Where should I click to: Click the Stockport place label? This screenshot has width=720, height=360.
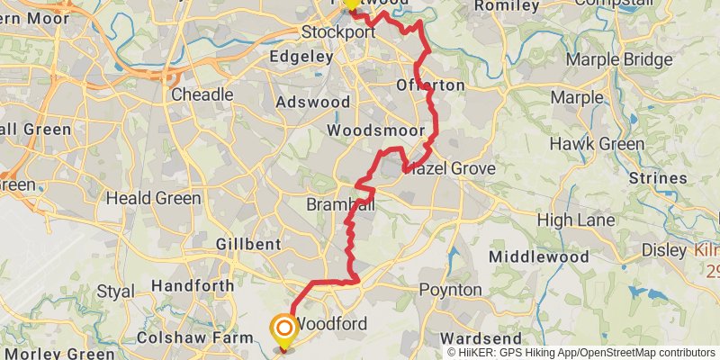pyautogui.click(x=337, y=31)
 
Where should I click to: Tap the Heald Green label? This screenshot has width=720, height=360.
pyautogui.click(x=154, y=198)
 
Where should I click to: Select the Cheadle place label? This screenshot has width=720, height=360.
pyautogui.click(x=202, y=94)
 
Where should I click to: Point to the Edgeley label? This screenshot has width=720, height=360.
pyautogui.click(x=301, y=56)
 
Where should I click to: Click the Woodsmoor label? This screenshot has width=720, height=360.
pyautogui.click(x=375, y=131)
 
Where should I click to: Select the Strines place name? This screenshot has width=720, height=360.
pyautogui.click(x=659, y=178)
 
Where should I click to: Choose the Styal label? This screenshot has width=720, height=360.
pyautogui.click(x=115, y=292)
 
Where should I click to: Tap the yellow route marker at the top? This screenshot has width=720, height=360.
pyautogui.click(x=351, y=4)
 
